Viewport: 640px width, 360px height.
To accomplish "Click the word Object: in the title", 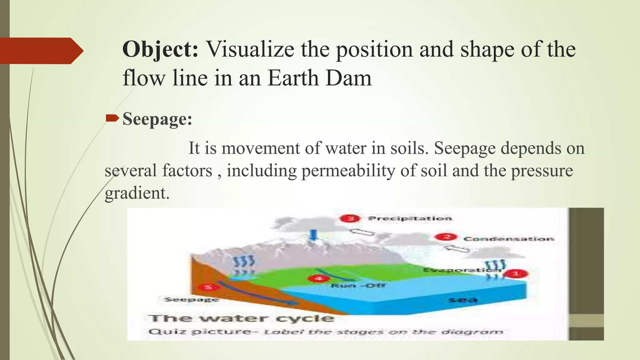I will [160, 50].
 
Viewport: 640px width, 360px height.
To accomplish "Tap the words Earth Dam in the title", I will [319, 78].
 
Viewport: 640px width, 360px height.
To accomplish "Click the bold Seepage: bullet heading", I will [157, 119].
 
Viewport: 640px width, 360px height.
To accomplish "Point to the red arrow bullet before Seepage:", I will [112, 118].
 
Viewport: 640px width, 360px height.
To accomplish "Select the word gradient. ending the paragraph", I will [137, 193].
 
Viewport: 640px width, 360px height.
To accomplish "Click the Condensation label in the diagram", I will [508, 239].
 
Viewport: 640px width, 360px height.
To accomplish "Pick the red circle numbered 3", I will [351, 218].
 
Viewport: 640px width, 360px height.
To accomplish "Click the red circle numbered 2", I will [447, 237].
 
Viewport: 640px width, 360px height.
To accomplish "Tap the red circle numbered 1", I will [517, 274].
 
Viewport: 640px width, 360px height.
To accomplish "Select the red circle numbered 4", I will [318, 278].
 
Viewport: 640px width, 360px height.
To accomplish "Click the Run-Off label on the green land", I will [358, 286].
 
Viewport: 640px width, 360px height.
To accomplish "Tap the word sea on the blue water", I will [463, 300].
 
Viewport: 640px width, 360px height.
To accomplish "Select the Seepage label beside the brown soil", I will [191, 299].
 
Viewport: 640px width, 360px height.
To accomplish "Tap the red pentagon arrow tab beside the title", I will [41, 51].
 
